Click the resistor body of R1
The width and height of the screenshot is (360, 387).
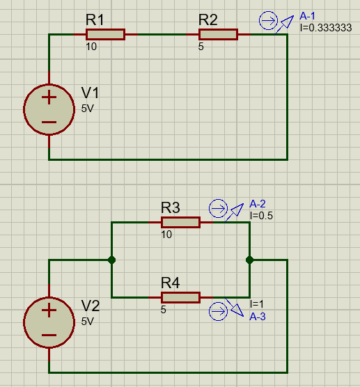(105, 34)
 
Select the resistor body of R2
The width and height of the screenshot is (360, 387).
(218, 34)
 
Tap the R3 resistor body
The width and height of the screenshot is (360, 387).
(180, 222)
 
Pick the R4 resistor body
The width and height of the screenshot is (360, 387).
(180, 297)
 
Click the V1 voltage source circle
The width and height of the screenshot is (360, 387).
(49, 84)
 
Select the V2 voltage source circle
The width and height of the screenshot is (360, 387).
(49, 297)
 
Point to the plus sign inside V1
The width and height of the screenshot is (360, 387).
(49, 97)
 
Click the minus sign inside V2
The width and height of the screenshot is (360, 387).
(49, 335)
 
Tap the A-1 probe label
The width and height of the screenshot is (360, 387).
(307, 16)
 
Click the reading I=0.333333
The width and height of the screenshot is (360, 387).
(326, 28)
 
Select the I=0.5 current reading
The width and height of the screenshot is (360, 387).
(261, 216)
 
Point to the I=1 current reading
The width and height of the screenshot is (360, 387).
(257, 304)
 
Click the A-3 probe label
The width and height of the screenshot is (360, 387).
(258, 317)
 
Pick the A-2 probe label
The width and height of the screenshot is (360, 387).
(258, 204)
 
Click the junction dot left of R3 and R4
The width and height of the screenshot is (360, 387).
(111, 260)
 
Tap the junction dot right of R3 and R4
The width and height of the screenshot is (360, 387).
(249, 260)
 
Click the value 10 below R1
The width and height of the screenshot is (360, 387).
(91, 47)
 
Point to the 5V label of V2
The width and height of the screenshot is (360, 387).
(88, 322)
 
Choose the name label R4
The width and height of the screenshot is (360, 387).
(171, 283)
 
